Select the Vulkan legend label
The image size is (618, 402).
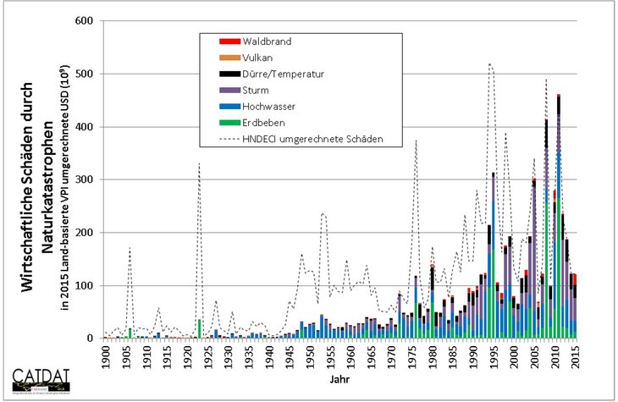pyautogui.click(x=258, y=58)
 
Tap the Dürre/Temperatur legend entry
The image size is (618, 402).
pyautogui.click(x=283, y=74)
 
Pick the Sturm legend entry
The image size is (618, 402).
pyautogui.click(x=257, y=90)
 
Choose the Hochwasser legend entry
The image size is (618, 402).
pyautogui.click(x=268, y=106)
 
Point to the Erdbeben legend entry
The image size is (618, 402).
pyautogui.click(x=262, y=122)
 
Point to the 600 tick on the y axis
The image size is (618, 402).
pyautogui.click(x=83, y=21)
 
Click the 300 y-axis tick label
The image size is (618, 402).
pyautogui.click(x=83, y=179)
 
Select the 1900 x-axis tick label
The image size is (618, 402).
pyautogui.click(x=106, y=357)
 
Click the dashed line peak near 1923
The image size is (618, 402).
pyautogui.click(x=198, y=164)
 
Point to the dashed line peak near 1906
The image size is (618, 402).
pyautogui.click(x=130, y=248)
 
